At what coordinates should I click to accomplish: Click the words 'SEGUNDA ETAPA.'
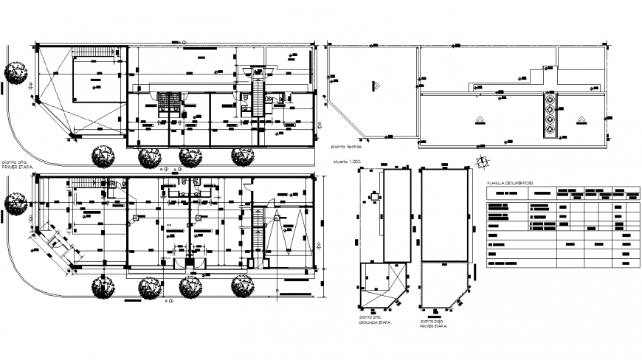point(375,325)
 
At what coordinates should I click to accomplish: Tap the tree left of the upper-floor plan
point(15,72)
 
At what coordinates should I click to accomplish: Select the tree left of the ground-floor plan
point(15,201)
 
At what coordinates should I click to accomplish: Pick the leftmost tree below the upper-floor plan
point(102,156)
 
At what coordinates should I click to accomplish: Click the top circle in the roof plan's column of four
point(550,99)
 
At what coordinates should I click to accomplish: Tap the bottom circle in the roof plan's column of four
point(550,131)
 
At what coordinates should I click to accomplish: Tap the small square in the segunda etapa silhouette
point(374,197)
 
